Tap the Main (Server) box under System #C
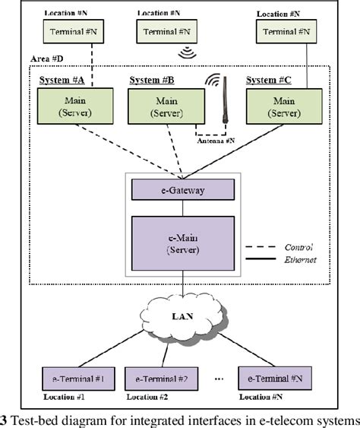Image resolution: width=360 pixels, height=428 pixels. pos(283,106)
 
